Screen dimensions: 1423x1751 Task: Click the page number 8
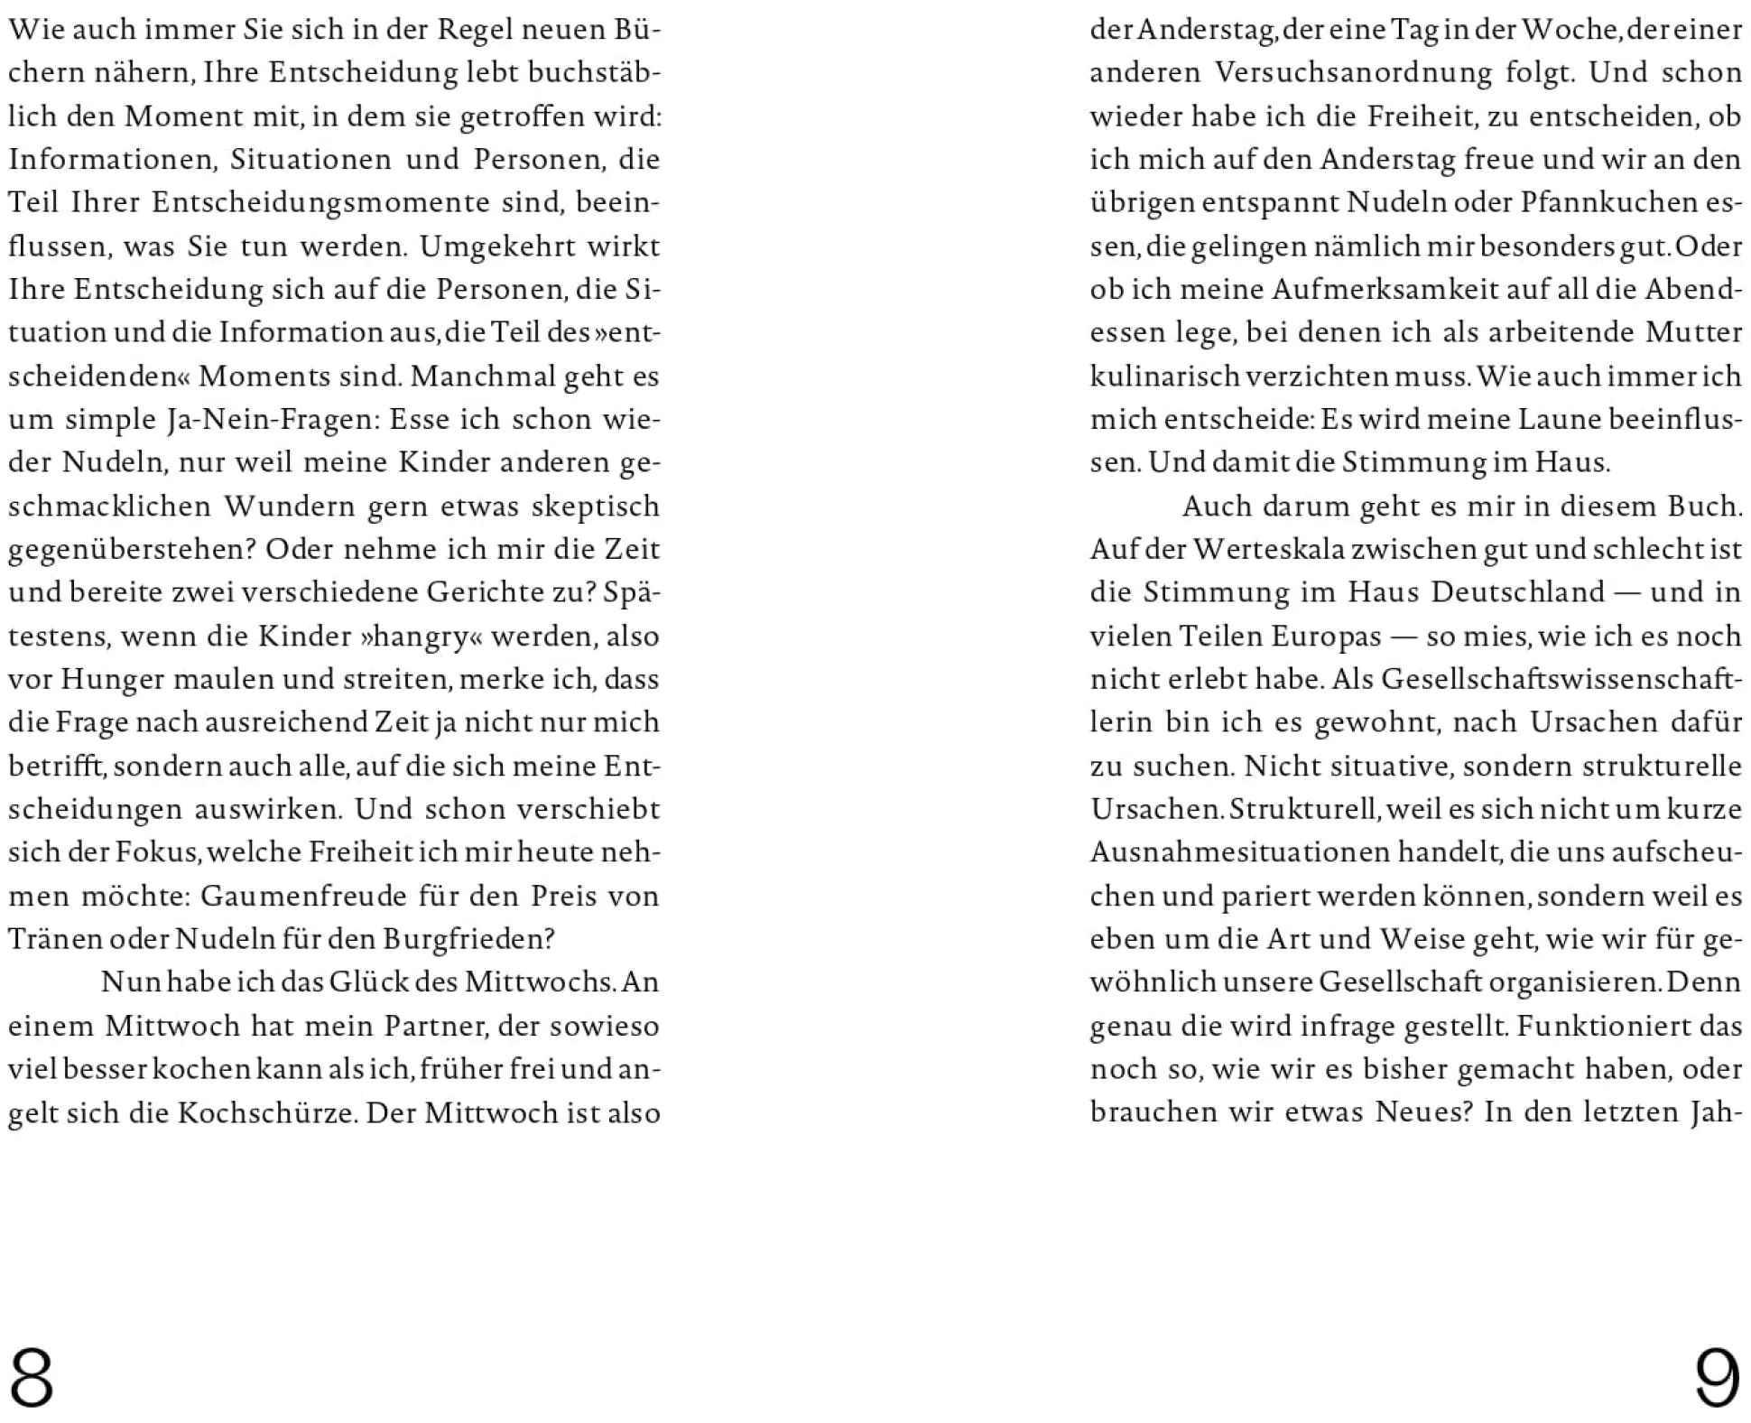tap(32, 1378)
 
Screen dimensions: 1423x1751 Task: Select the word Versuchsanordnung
tap(1353, 73)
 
